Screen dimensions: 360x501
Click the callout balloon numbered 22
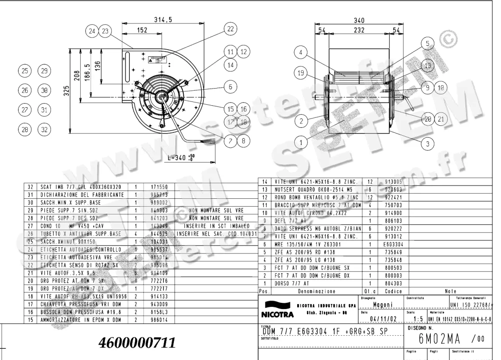230,29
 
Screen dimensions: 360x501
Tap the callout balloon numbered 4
300,53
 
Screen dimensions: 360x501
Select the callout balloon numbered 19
301,74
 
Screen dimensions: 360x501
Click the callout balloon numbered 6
230,87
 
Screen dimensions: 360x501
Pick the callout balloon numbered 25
25,71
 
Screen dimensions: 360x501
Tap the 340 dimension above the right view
359,20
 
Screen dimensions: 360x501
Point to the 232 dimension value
359,30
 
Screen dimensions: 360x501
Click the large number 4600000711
137,343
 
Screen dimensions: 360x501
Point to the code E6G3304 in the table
393,245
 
